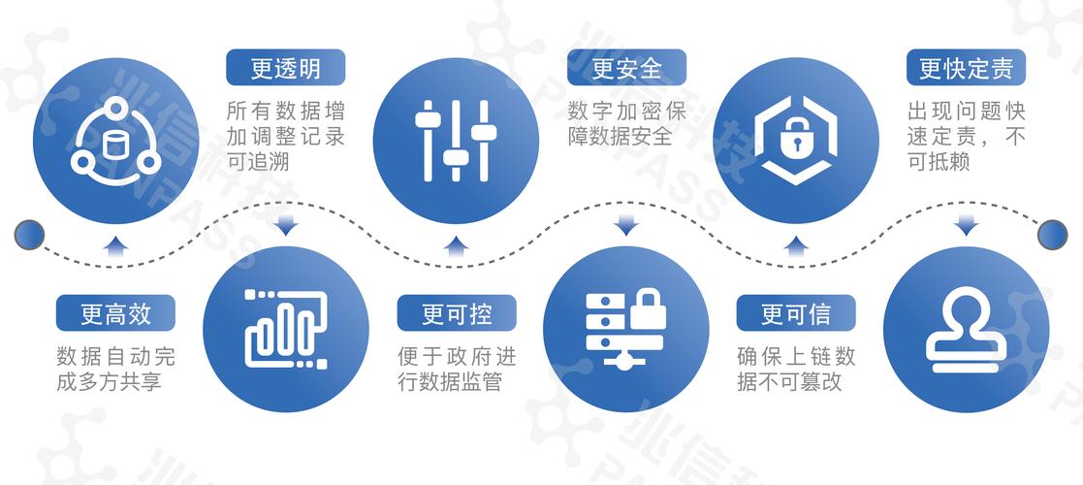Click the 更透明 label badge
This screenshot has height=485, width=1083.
click(x=285, y=68)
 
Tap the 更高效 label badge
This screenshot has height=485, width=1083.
click(x=115, y=313)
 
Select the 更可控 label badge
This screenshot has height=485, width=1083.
click(x=457, y=313)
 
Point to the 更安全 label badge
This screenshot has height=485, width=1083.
click(x=626, y=68)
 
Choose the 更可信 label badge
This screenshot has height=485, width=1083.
click(x=795, y=313)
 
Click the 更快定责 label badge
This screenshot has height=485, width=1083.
click(x=966, y=68)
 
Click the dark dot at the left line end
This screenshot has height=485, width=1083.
click(x=29, y=233)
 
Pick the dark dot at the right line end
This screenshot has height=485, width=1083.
click(x=1052, y=233)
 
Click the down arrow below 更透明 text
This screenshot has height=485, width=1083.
click(x=286, y=226)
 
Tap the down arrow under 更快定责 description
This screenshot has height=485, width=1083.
click(x=966, y=226)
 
